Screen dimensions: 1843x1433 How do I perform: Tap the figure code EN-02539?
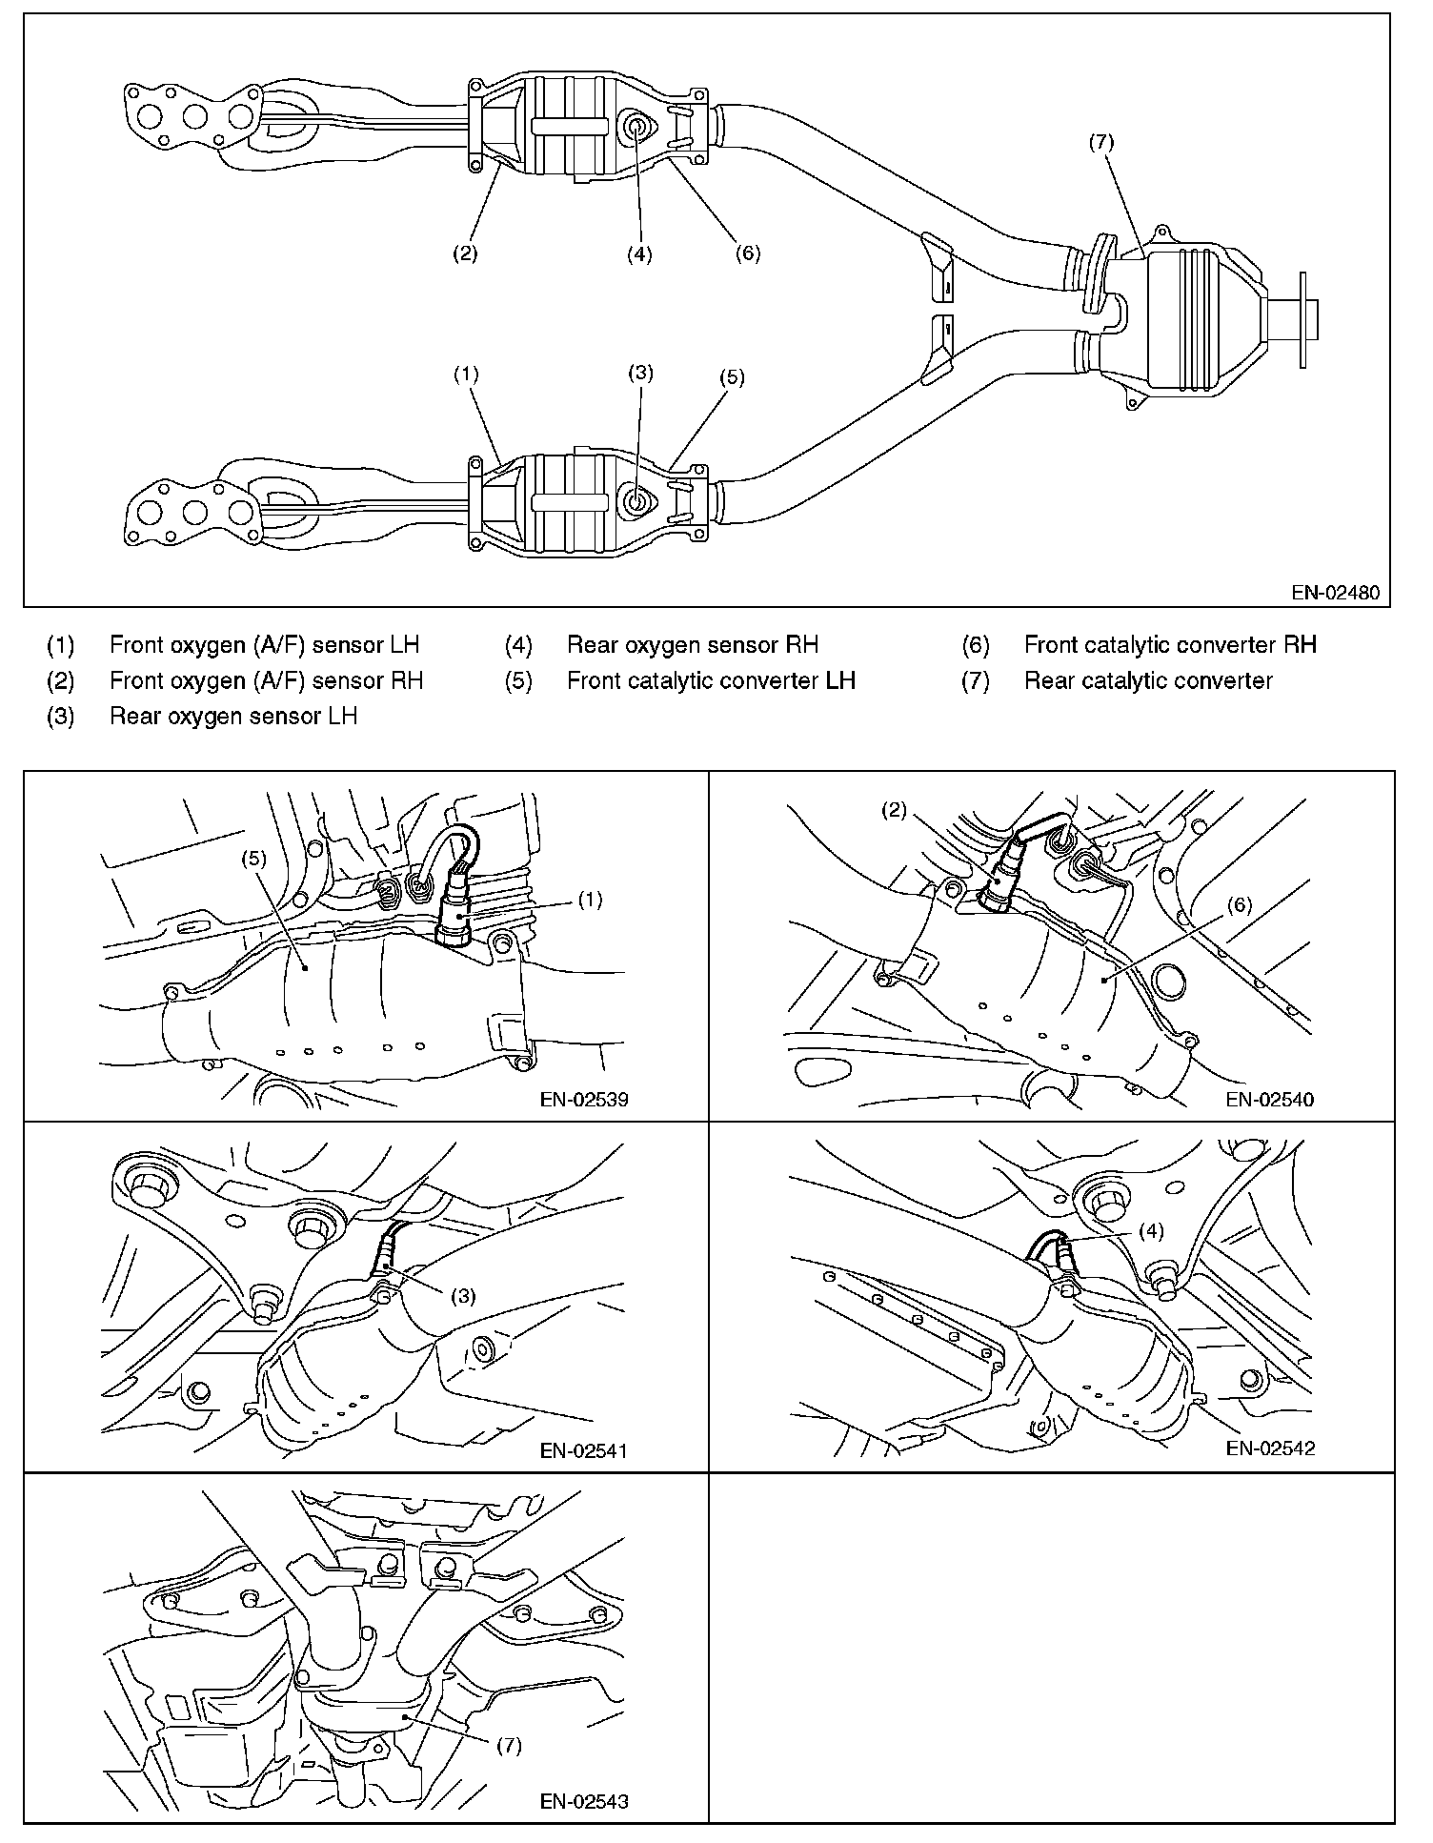pos(583,1099)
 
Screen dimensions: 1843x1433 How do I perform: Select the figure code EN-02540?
pos(1270,1099)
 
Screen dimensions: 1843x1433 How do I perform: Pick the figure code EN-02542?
pos(1270,1448)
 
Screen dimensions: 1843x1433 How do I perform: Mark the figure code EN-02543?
pos(583,1801)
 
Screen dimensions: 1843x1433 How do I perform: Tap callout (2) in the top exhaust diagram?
pos(464,253)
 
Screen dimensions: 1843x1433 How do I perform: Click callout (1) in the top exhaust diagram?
pos(465,375)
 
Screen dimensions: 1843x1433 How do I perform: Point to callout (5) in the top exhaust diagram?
pos(731,376)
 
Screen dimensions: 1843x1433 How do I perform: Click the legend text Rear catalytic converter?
pos(1148,680)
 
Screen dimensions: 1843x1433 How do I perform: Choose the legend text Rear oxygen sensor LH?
pos(233,716)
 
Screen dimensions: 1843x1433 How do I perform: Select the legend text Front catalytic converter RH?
pos(1170,645)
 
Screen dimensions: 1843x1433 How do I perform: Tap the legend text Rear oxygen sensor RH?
pos(692,645)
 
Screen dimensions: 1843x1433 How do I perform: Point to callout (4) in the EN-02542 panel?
pos(1150,1231)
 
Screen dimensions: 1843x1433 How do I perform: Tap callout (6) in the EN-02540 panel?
pos(1239,905)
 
